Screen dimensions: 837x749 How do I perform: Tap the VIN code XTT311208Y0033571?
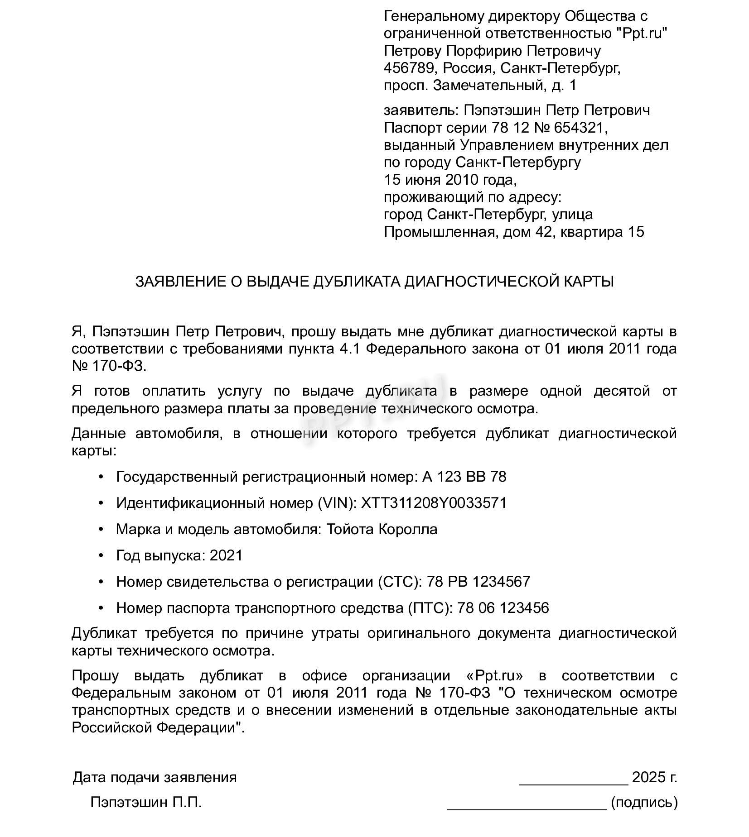(x=434, y=503)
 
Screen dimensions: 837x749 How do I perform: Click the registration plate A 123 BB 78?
(x=464, y=477)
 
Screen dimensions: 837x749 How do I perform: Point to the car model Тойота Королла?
(x=382, y=529)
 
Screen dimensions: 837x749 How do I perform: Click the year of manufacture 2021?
(x=226, y=555)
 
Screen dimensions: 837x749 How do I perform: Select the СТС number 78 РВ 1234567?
(x=478, y=582)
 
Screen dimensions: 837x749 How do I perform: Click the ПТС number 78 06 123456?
(x=503, y=608)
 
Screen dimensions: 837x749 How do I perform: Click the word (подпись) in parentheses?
(x=644, y=803)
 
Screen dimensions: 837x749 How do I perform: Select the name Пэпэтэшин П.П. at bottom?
(x=146, y=803)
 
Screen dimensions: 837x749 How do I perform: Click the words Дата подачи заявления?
(x=155, y=778)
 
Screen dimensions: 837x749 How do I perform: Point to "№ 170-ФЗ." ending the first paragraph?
(x=109, y=366)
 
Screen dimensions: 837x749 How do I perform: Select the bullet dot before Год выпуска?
(x=101, y=555)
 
